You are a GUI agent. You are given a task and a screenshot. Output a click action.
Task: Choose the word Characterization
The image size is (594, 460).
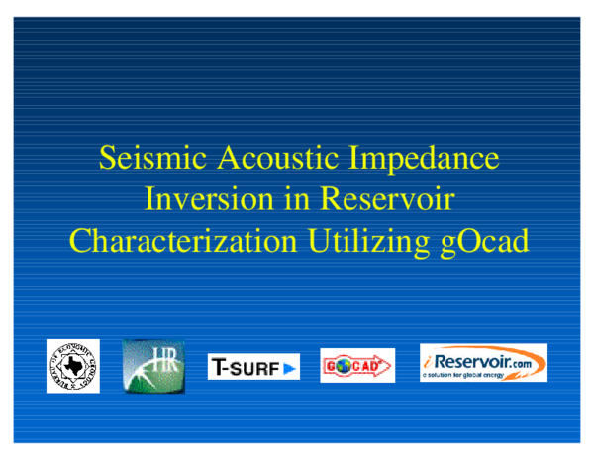click(x=182, y=241)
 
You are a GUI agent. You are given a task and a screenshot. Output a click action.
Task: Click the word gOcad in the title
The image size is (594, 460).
click(x=484, y=241)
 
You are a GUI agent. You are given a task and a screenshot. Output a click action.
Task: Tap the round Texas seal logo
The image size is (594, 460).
click(x=73, y=366)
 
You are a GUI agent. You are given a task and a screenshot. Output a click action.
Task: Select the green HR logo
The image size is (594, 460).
click(x=153, y=366)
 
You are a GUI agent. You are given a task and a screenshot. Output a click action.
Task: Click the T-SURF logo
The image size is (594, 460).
click(x=253, y=367)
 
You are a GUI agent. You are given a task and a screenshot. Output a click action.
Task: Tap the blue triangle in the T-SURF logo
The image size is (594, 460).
click(x=289, y=368)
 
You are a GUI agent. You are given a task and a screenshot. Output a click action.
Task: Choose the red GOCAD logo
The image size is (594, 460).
click(x=357, y=366)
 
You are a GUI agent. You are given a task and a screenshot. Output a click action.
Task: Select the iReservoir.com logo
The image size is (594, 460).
click(x=483, y=363)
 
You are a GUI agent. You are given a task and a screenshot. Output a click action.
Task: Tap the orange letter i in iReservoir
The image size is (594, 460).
click(x=427, y=360)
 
